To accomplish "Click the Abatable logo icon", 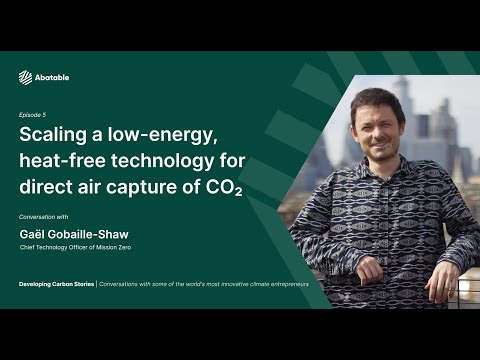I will [x=26, y=77].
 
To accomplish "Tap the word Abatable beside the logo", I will [x=51, y=78].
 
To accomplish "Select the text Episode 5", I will [x=33, y=115].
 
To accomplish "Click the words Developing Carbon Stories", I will [x=57, y=285].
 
